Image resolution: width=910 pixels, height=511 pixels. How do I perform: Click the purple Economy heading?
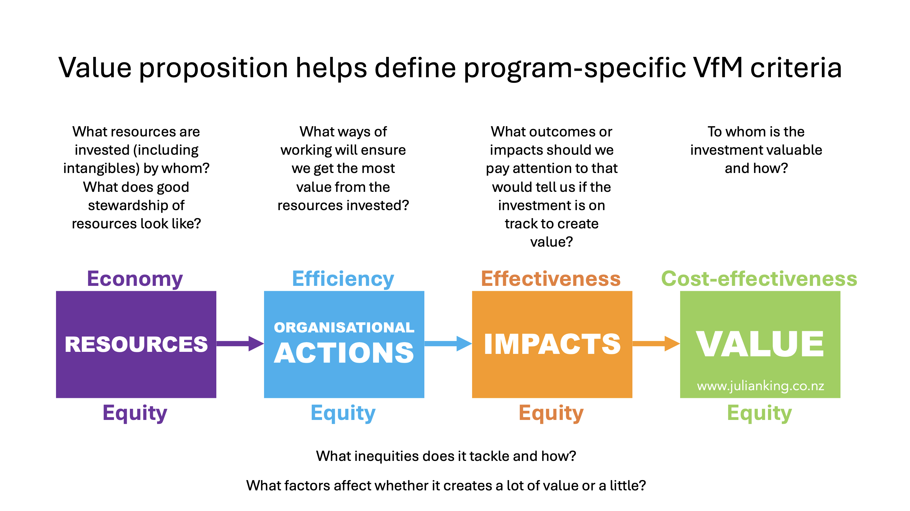point(135,279)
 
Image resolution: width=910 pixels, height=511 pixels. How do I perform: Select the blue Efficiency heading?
point(343,279)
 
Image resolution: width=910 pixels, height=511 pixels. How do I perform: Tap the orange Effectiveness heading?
point(551,278)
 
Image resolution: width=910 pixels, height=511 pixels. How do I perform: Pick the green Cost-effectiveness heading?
point(759,278)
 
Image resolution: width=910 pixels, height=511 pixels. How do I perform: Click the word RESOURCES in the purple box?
point(136,344)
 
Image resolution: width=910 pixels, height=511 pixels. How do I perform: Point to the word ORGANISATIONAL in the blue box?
point(344,328)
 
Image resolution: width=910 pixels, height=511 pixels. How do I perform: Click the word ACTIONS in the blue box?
point(344,353)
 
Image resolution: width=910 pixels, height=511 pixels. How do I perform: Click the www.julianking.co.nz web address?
point(761,385)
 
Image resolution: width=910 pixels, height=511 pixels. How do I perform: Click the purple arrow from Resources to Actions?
point(240,344)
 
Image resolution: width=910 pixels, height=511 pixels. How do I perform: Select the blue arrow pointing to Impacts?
point(448,344)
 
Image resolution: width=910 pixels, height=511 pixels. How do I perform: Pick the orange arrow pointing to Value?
point(656,344)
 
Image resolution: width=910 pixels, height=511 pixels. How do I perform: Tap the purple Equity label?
point(135,413)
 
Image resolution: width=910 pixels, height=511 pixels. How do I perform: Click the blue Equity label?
point(343,413)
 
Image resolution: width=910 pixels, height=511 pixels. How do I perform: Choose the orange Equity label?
point(551,413)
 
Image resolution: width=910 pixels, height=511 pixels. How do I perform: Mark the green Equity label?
point(759,413)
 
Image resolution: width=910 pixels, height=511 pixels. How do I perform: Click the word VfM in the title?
point(718,67)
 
